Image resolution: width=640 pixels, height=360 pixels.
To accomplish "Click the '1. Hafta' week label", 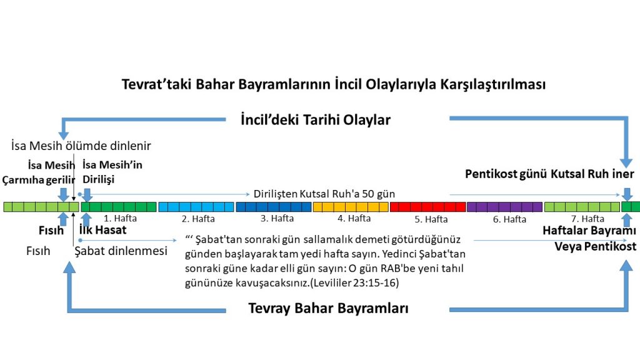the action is coord(120,218).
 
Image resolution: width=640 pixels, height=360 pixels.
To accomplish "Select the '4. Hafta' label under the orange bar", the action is coord(354,218).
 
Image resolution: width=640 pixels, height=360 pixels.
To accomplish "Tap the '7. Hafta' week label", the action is coord(587,219).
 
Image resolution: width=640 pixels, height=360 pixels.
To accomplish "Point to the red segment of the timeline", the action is coord(427,207).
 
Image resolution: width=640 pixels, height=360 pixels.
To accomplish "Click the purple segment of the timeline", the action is coord(504,207).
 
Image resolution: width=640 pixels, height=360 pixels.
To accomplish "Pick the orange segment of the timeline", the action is coord(351,207).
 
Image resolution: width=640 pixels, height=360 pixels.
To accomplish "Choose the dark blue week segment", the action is coord(274,207).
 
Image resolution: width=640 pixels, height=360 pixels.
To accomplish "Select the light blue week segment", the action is coord(196,207).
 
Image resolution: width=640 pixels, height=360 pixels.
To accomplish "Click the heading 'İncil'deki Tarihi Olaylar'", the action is coord(316,120).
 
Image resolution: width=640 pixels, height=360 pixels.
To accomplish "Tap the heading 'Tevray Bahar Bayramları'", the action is coord(328,308).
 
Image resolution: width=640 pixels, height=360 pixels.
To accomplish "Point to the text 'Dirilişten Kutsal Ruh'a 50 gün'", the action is coord(324,194).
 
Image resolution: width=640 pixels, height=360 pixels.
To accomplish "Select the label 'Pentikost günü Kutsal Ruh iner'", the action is coord(549,174).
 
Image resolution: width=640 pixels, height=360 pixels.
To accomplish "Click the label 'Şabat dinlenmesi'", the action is coord(121,251).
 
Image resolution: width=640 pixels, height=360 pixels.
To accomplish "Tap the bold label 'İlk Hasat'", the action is coord(103,230).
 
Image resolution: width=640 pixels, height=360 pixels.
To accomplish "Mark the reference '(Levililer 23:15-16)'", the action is coord(354,283).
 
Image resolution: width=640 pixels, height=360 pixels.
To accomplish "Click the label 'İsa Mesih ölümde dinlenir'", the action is coord(81,146).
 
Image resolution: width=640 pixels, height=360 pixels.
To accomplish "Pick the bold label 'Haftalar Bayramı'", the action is coord(589,231).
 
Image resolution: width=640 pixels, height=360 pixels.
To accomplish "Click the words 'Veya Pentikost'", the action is coord(595,246).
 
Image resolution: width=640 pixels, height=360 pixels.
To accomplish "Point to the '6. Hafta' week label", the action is coord(509,219).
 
